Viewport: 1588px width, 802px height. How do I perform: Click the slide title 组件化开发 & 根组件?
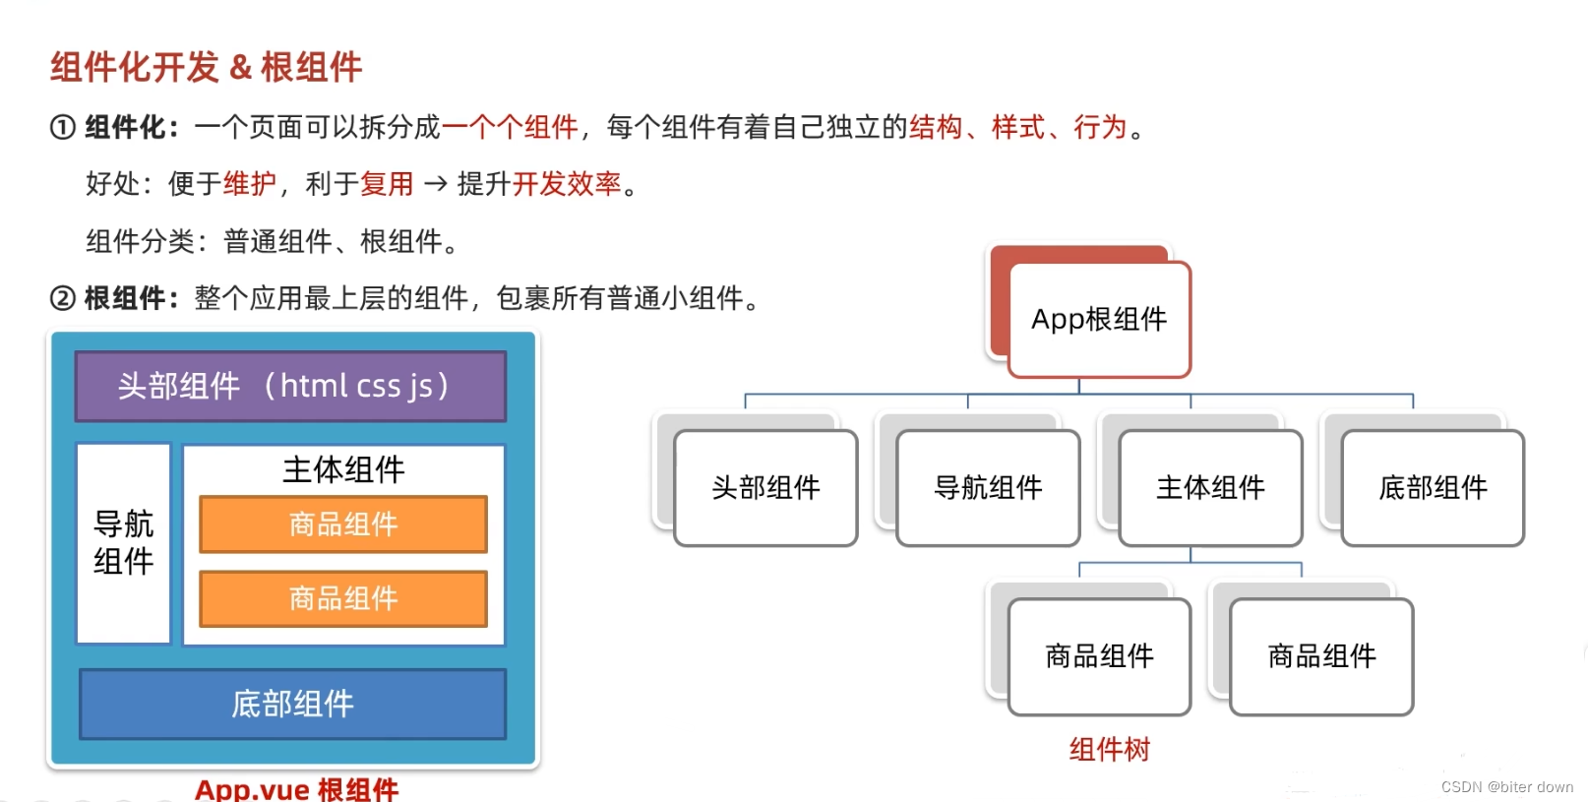pos(207,67)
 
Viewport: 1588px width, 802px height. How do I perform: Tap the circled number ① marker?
pos(62,128)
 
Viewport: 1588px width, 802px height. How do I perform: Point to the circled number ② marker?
pos(62,298)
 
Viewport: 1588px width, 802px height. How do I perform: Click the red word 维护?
pos(250,184)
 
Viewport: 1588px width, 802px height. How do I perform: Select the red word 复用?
pos(387,184)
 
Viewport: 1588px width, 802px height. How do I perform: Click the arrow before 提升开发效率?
pos(435,184)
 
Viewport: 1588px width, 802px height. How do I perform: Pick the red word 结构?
pos(935,128)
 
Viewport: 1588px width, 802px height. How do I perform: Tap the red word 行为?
pos(1100,128)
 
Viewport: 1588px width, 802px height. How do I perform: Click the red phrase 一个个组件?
pos(510,128)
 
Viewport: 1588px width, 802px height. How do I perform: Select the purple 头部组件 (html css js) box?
pos(290,386)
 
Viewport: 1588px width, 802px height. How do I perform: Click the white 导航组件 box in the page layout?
pos(124,543)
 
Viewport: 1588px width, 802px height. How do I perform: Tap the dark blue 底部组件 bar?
pos(292,704)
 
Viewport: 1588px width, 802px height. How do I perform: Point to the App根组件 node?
pos(1099,319)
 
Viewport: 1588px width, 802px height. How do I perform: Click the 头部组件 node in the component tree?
pos(765,487)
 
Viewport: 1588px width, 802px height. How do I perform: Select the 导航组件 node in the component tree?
pos(988,487)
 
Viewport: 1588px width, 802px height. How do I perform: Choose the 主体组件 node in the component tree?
pos(1210,487)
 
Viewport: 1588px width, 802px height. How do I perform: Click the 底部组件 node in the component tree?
pos(1433,487)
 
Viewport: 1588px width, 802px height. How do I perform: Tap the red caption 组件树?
pos(1110,750)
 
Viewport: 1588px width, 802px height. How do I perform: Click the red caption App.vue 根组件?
pos(297,789)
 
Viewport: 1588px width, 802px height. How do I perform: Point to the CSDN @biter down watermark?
pos(1506,787)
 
